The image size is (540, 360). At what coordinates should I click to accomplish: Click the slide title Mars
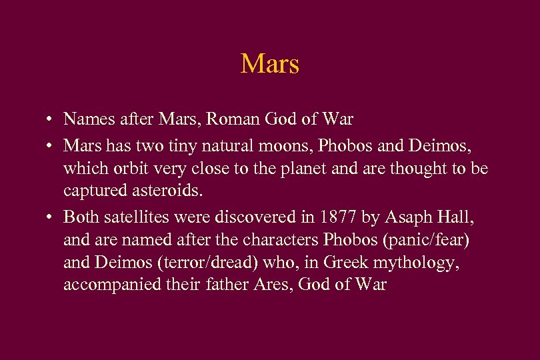click(269, 64)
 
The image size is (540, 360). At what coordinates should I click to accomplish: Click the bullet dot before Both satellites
click(51, 217)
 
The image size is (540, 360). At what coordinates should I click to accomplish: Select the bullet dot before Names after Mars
click(51, 120)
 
